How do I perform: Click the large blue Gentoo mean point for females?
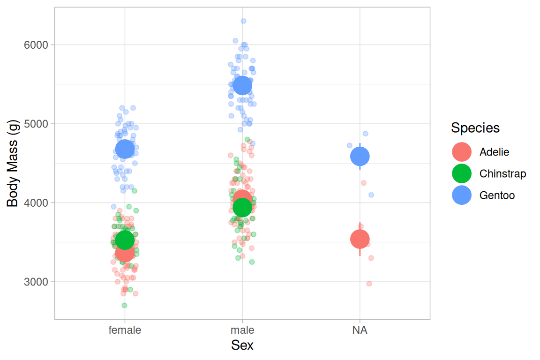tap(125, 150)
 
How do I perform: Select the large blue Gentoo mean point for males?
tap(242, 85)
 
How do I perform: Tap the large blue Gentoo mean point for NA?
tap(360, 156)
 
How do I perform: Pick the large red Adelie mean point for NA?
tap(360, 240)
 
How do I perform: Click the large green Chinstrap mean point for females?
tap(125, 240)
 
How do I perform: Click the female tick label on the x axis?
tap(125, 330)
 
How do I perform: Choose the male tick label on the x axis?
tap(242, 330)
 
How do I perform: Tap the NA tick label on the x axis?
tap(360, 330)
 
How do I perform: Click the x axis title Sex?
tap(242, 346)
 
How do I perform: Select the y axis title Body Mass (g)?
tap(13, 163)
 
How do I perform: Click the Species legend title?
tap(475, 128)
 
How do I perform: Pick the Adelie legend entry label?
tap(494, 152)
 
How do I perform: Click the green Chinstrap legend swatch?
tap(462, 173)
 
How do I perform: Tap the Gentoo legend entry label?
tap(497, 195)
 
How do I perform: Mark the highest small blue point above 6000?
tap(243, 21)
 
